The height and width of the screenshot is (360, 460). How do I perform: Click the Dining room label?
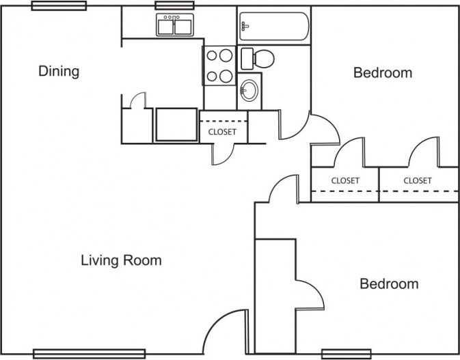(x=59, y=71)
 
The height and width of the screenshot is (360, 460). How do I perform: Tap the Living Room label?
(x=121, y=260)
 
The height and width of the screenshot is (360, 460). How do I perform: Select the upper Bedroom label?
(x=382, y=72)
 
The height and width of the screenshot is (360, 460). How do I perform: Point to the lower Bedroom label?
(x=389, y=284)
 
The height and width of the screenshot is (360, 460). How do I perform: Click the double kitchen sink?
(x=174, y=26)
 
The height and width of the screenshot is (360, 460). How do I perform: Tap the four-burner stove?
(x=220, y=66)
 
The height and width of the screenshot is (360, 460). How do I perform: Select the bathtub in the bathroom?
(x=274, y=27)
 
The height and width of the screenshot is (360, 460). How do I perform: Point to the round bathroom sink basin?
(x=249, y=89)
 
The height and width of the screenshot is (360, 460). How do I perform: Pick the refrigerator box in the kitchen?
(x=176, y=124)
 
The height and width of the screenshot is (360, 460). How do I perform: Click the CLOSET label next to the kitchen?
(x=222, y=132)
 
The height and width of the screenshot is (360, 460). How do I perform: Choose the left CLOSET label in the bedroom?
(x=345, y=180)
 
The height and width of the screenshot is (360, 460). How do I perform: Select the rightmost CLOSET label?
(x=418, y=180)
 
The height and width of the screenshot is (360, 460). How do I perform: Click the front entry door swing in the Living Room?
(x=224, y=331)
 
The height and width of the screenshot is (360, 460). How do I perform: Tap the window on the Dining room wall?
(x=59, y=5)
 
